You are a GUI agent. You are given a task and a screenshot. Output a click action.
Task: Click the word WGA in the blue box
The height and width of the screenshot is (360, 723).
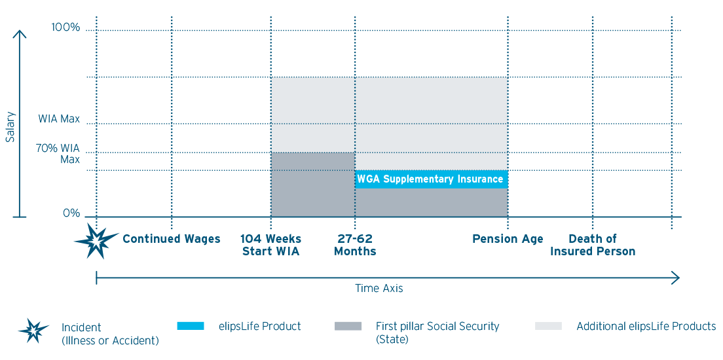(x=368, y=179)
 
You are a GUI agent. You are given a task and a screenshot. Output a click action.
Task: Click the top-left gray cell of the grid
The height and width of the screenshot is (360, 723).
(x=313, y=100)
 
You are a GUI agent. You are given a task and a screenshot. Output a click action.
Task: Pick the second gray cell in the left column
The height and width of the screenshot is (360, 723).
(x=313, y=138)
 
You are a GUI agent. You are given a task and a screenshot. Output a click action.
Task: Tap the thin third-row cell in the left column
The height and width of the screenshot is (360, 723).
(x=313, y=162)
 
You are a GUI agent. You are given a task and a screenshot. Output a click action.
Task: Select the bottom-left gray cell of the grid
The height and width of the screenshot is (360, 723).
(x=313, y=193)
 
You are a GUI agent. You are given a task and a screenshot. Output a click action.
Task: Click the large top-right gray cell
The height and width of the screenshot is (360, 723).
(x=431, y=100)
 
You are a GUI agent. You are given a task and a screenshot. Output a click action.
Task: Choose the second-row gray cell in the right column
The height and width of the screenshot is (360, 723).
(x=431, y=138)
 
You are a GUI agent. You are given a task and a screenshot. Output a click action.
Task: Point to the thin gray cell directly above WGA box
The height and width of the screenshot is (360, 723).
(x=431, y=162)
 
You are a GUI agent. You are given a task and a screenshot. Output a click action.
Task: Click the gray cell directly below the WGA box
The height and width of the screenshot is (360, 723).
(x=431, y=202)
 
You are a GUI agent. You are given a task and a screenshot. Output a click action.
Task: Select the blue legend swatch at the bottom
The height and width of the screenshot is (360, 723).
(x=198, y=326)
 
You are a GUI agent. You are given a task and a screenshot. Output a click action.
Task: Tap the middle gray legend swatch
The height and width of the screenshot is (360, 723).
(x=356, y=326)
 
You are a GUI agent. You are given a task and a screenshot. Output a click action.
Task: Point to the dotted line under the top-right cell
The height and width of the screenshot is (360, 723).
(x=431, y=123)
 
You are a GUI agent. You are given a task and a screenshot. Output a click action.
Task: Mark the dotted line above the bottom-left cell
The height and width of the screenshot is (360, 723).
(x=313, y=171)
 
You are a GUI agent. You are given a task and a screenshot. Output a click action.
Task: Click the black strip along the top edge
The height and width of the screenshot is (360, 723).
(x=361, y=7)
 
